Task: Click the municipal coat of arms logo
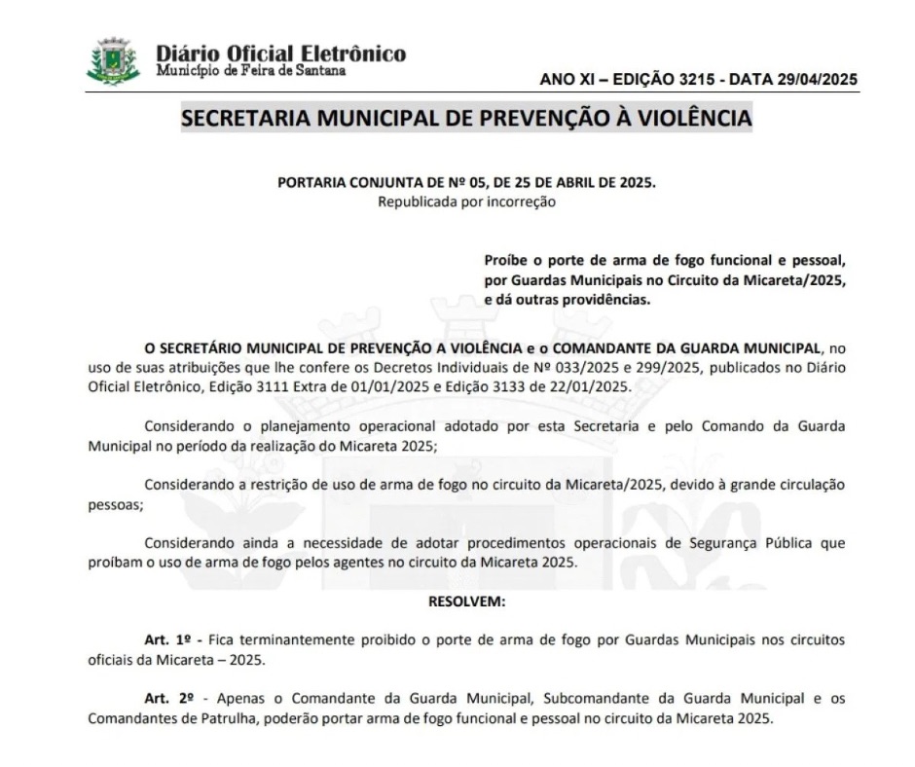pos(114,60)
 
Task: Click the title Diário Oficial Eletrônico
pos(281,54)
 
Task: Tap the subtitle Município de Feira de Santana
pos(250,71)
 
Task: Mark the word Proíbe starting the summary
pos(506,262)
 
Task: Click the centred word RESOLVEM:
pos(467,602)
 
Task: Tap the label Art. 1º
pos(169,639)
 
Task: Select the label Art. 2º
pos(169,698)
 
